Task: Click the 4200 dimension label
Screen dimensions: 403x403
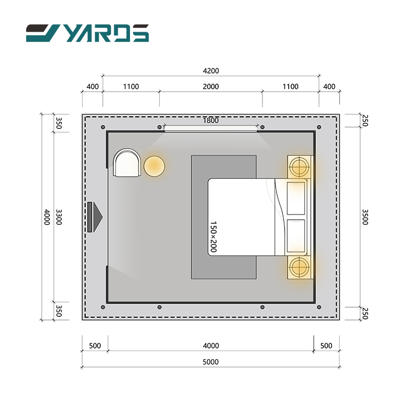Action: (x=211, y=71)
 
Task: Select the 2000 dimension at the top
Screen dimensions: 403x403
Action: (x=211, y=87)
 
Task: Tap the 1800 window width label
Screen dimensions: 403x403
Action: (x=211, y=120)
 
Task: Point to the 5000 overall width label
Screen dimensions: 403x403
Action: (x=211, y=362)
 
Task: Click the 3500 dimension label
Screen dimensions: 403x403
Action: (x=365, y=217)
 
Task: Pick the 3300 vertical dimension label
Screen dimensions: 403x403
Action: (x=59, y=217)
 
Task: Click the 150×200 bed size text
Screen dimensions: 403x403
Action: (x=214, y=237)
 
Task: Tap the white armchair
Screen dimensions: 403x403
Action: (x=127, y=163)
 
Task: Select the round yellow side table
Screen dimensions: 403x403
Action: (x=154, y=166)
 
